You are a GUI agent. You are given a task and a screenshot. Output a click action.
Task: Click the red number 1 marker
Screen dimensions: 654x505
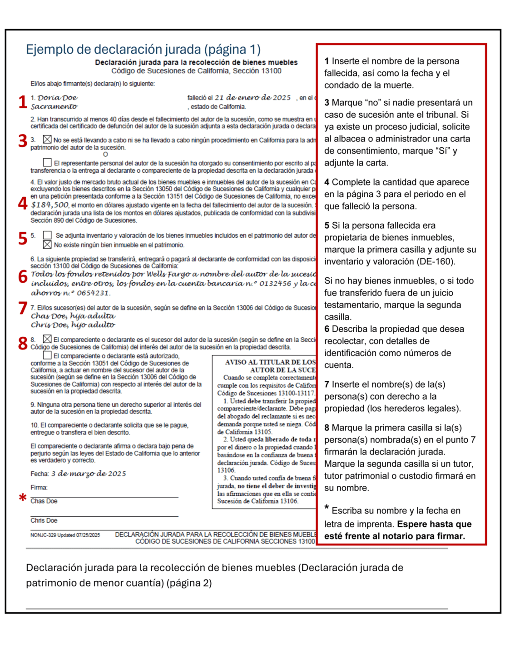tap(23, 102)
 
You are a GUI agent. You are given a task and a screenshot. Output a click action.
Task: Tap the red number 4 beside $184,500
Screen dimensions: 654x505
tap(23, 203)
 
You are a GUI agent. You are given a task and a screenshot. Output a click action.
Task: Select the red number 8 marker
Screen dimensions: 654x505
tap(23, 343)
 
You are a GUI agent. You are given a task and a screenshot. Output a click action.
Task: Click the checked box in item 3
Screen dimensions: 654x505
tap(47, 140)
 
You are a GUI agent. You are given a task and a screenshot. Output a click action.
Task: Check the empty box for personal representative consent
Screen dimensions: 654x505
tap(47, 162)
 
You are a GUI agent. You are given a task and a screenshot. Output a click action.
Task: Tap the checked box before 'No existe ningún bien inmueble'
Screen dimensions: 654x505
tap(47, 245)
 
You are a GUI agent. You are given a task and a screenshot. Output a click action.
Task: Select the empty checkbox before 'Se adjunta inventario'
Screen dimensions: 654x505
tap(47, 235)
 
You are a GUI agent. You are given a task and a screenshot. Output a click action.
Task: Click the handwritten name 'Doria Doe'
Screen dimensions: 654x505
tap(58, 98)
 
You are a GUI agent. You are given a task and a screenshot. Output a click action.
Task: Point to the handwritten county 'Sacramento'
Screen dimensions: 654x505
tap(54, 107)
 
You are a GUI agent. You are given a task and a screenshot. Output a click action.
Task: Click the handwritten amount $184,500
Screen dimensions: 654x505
tap(50, 205)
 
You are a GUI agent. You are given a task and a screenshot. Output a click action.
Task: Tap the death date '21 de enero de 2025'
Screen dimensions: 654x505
tap(252, 98)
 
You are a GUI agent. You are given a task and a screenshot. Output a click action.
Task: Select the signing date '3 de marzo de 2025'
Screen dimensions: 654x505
tap(89, 474)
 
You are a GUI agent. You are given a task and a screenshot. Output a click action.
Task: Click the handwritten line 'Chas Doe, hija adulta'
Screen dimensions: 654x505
tap(73, 316)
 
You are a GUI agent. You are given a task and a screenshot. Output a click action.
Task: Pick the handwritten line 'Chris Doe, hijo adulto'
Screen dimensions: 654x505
tap(73, 325)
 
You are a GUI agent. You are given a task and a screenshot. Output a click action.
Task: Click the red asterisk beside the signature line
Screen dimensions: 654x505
tap(22, 498)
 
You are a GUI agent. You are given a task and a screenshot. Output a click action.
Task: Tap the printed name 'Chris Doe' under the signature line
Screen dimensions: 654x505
tap(44, 520)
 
